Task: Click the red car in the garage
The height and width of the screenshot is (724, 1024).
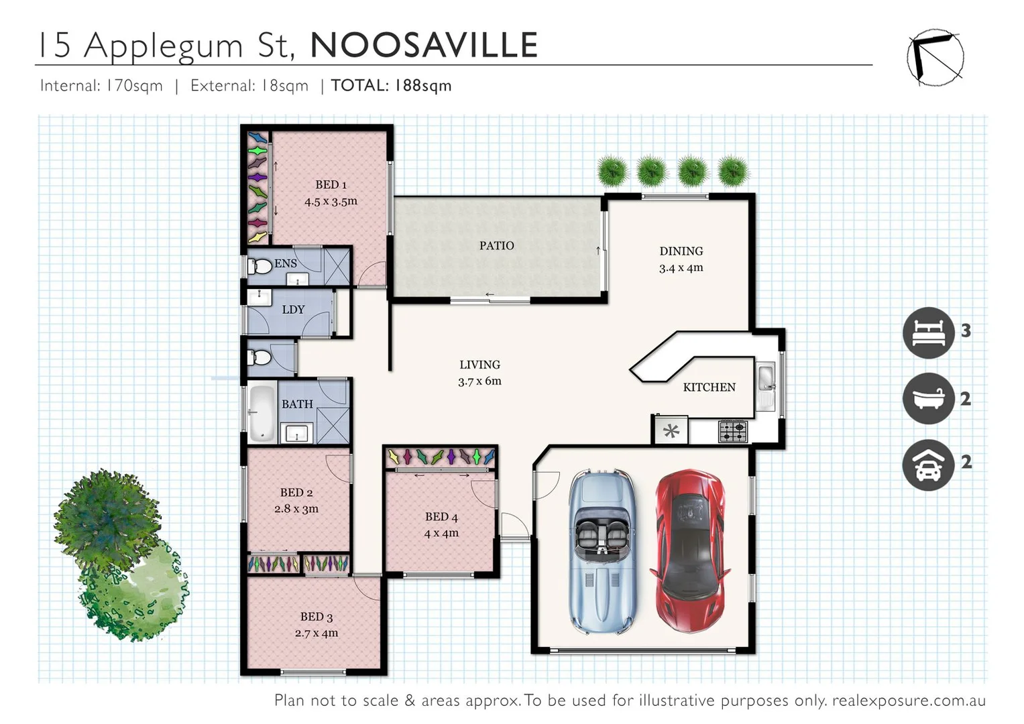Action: click(x=689, y=551)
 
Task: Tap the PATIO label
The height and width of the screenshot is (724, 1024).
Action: click(x=496, y=246)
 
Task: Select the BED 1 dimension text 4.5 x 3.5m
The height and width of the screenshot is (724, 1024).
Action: click(x=331, y=201)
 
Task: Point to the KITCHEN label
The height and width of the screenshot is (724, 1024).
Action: click(x=709, y=387)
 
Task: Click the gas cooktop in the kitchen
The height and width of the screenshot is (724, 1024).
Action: click(x=732, y=431)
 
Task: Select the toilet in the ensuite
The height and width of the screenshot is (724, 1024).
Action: click(x=260, y=266)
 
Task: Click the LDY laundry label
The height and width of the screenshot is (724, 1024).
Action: click(x=293, y=310)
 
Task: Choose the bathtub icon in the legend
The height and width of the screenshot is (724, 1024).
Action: click(x=928, y=398)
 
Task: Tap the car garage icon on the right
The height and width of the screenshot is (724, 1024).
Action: click(x=928, y=465)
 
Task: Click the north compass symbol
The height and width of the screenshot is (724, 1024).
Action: click(x=935, y=58)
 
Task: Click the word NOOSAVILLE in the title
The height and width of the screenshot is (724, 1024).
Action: click(x=424, y=46)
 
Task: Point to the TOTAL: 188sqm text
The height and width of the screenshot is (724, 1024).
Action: click(x=391, y=86)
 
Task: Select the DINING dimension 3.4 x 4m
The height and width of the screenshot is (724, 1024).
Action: click(x=681, y=268)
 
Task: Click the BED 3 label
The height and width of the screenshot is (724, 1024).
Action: click(x=317, y=617)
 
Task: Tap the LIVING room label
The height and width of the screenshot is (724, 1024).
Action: click(x=479, y=365)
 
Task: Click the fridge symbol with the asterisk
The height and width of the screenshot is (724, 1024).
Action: click(x=671, y=431)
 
